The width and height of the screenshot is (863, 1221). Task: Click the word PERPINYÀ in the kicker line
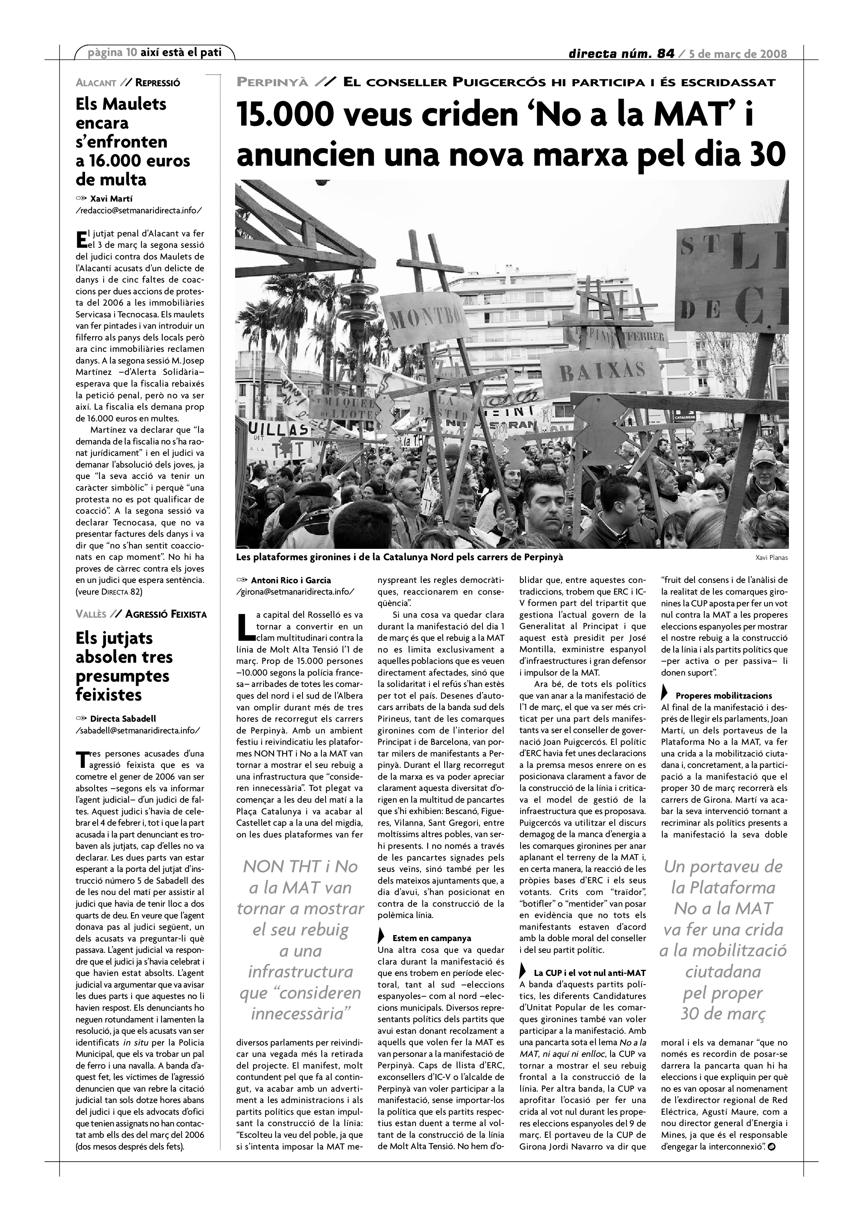click(272, 82)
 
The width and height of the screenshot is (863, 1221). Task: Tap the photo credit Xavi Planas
click(771, 558)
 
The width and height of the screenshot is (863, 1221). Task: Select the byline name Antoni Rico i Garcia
click(291, 580)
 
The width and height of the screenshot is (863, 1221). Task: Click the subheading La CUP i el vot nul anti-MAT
click(589, 973)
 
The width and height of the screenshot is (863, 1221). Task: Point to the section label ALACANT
click(96, 83)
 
